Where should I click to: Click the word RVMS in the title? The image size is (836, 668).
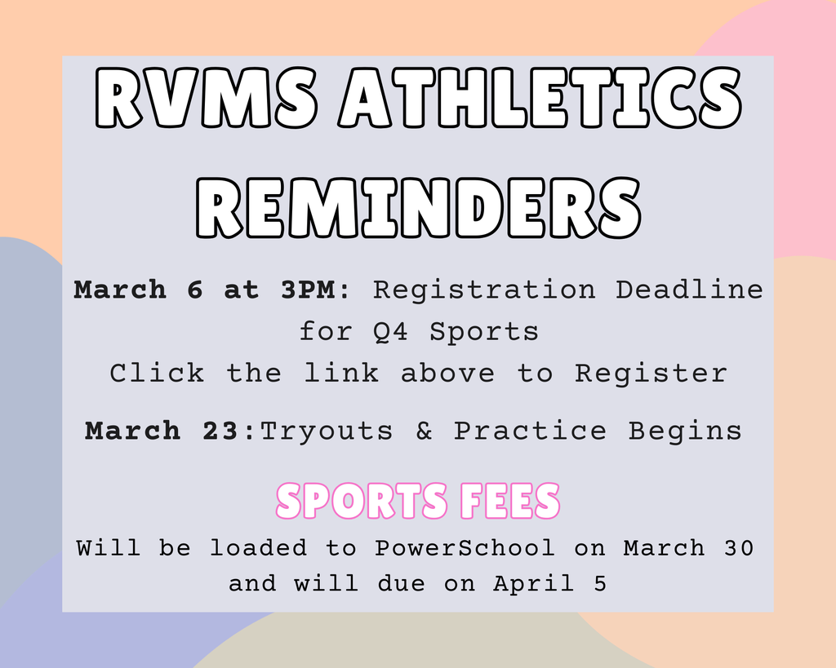pos(207,98)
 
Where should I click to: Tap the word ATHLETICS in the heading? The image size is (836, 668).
pos(540,98)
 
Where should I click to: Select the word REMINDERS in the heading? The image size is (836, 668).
pos(418,207)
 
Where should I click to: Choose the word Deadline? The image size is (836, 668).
pos(689,290)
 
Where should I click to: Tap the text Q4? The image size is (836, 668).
pos(391,332)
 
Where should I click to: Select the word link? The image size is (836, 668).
pos(342,372)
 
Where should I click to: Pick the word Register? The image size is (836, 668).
pos(651,374)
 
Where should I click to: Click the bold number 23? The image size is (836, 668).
pos(220,431)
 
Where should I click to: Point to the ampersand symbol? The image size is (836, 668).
pos(424,431)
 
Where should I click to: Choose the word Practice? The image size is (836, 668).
pos(530,431)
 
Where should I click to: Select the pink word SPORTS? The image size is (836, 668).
pos(362,501)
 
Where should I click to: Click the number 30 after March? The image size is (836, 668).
pos(738,548)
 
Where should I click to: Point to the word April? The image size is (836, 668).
pos(534,584)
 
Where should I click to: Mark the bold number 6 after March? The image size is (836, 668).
pos(195,290)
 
